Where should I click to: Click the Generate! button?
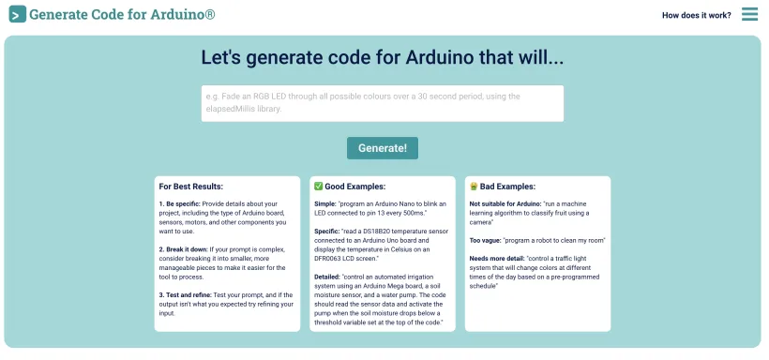tap(382, 148)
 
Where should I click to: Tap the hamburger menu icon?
tap(749, 14)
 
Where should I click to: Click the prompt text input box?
tap(382, 103)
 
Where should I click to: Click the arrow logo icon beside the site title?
tap(18, 15)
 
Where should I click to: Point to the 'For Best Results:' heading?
tap(190, 187)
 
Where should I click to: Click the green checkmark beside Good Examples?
tap(319, 187)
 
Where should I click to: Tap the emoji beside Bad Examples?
tap(474, 187)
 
